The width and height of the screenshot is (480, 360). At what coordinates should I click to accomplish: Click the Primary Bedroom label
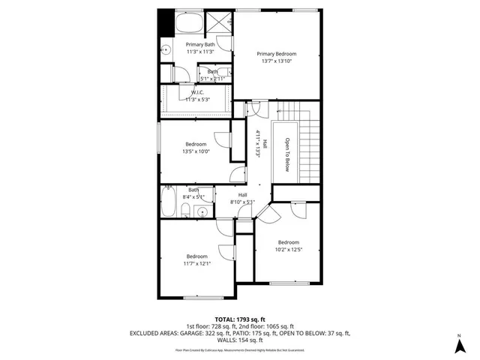point(277,54)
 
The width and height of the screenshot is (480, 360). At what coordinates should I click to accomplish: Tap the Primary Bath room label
point(200,45)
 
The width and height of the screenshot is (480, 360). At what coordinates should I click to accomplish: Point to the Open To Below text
point(286,154)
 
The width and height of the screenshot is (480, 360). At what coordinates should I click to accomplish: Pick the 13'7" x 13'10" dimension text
point(277,61)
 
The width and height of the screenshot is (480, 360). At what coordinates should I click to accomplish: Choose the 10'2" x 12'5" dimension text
point(289,250)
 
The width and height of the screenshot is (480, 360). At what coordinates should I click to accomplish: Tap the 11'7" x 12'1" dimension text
point(197,263)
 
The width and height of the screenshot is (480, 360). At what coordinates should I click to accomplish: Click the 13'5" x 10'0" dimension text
point(196,151)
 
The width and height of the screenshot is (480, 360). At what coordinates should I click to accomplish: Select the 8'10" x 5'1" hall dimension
point(243,202)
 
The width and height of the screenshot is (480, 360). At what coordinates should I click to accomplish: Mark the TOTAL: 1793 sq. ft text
point(240,319)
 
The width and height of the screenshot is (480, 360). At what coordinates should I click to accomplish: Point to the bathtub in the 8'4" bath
point(169,202)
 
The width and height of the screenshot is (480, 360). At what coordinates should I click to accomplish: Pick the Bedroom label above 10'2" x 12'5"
point(289,242)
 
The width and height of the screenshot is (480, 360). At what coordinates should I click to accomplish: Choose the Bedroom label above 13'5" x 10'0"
point(196,143)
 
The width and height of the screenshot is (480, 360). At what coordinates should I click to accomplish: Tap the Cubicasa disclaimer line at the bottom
point(240,349)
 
